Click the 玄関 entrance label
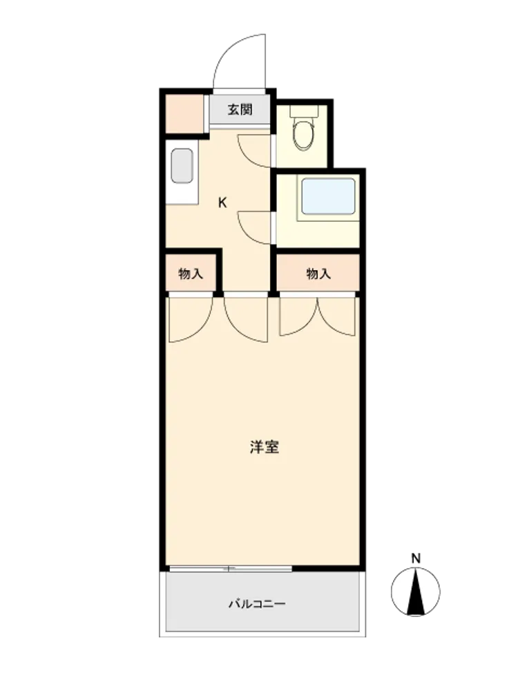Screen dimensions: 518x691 click(x=240, y=110)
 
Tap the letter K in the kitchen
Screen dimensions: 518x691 click(x=223, y=202)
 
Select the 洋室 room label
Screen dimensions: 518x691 click(x=265, y=447)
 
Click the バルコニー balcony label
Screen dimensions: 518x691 click(x=257, y=603)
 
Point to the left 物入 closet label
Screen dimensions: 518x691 click(x=191, y=274)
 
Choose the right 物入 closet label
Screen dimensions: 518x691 click(x=318, y=274)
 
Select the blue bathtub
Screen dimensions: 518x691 click(x=329, y=196)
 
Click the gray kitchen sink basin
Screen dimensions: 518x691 click(x=182, y=166)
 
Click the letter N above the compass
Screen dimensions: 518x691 click(x=416, y=558)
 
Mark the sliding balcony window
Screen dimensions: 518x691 click(x=231, y=569)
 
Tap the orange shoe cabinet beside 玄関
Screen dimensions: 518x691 click(x=184, y=113)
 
